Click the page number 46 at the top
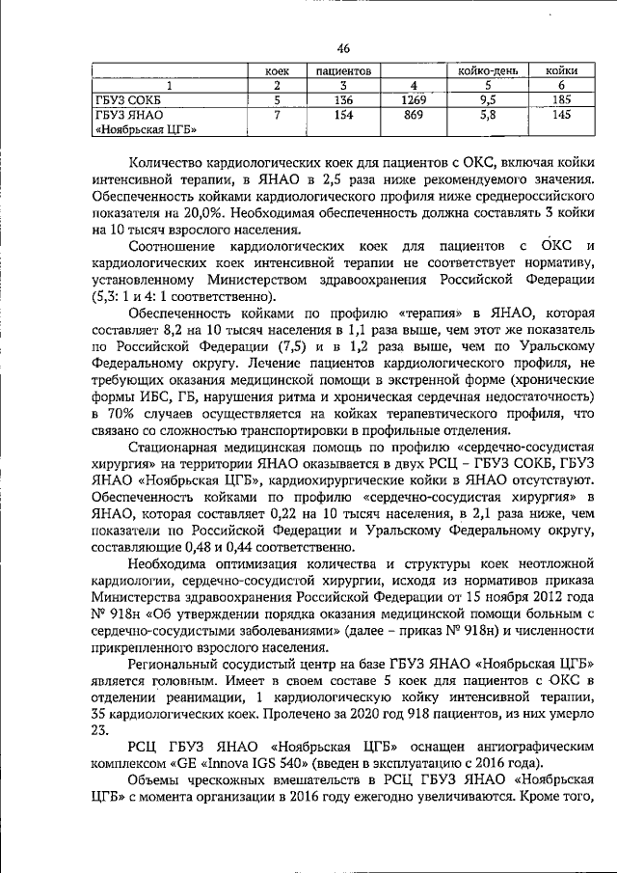coord(344,50)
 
